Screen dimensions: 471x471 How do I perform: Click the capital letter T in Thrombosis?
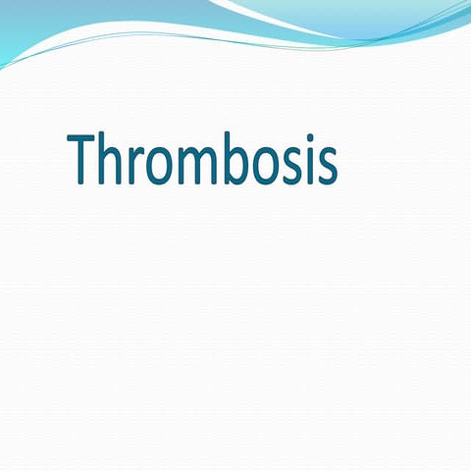[x=86, y=160]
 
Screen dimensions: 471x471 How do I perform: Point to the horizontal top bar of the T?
[x=86, y=138]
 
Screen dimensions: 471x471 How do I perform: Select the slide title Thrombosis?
[x=204, y=161]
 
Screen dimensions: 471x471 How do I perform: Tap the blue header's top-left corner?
[x=4, y=4]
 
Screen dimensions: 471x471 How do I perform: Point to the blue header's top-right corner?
[x=466, y=4]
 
